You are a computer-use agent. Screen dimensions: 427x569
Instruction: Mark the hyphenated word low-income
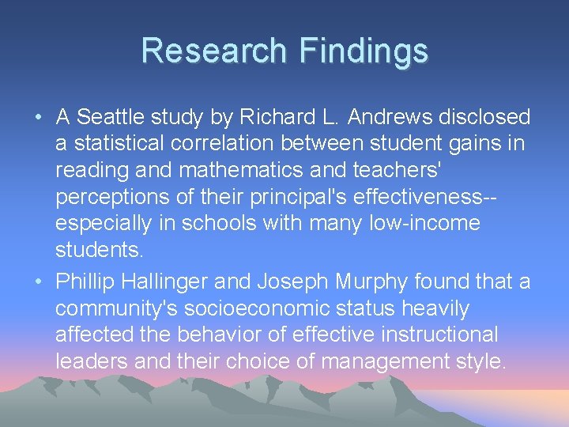(x=424, y=224)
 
